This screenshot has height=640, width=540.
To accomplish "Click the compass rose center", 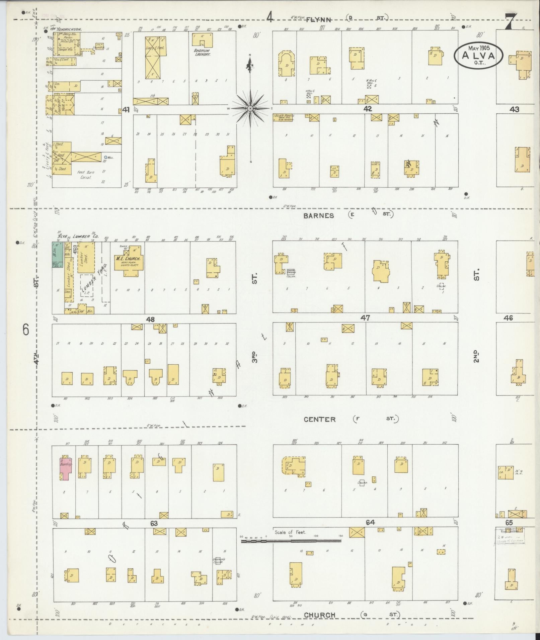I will click(x=250, y=109).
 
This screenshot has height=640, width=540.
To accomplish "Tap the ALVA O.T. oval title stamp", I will click(x=479, y=56).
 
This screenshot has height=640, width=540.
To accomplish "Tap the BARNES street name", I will click(x=318, y=215).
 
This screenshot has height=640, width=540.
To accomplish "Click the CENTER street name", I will click(x=319, y=419).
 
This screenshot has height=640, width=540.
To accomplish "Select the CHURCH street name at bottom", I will click(x=319, y=615).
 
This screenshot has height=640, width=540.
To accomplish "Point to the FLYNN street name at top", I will click(x=318, y=20).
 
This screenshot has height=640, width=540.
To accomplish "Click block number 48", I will click(x=150, y=319).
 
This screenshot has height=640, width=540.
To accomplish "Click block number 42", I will click(x=367, y=109).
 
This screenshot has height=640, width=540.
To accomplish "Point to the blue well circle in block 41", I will click(x=105, y=157).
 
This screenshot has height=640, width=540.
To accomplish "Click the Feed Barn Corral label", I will click(x=86, y=175).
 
